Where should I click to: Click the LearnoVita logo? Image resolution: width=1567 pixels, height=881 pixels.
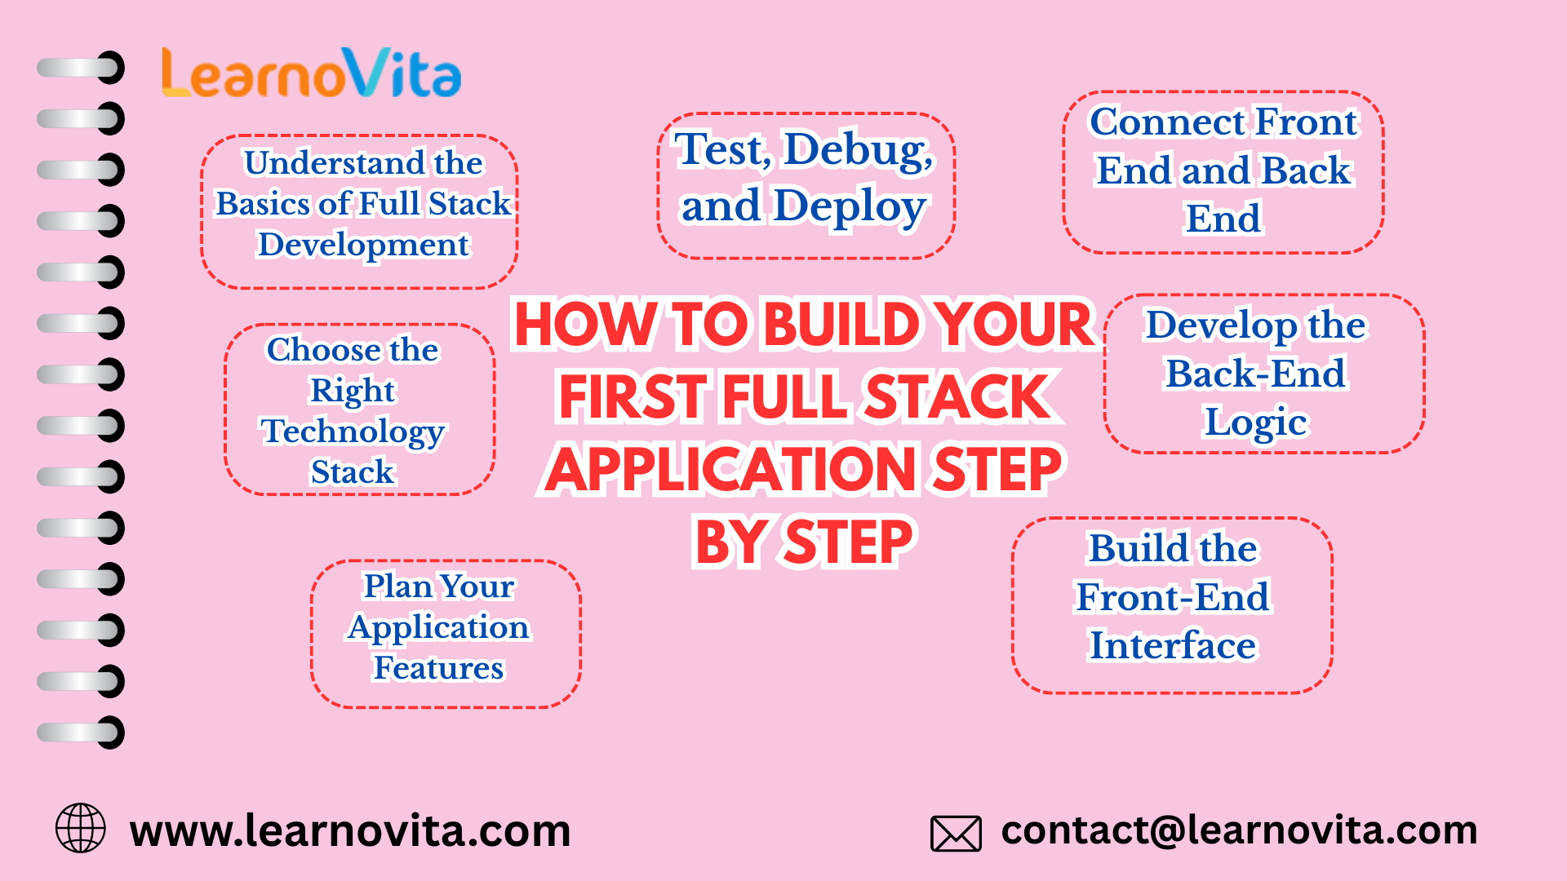(x=312, y=73)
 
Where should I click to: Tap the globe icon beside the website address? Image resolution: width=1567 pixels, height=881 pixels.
(x=80, y=828)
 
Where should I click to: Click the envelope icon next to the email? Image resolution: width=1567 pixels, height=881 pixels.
(x=956, y=833)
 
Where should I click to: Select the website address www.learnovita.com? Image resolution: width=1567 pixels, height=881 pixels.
(x=350, y=831)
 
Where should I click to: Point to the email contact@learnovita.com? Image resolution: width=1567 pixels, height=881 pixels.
(x=1239, y=830)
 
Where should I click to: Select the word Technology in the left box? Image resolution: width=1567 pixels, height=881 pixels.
(x=353, y=432)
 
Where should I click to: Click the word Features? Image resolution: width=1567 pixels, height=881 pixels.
(x=438, y=668)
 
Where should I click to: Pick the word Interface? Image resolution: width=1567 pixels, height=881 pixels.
(x=1173, y=645)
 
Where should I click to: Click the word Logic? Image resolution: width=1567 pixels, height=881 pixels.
(x=1256, y=423)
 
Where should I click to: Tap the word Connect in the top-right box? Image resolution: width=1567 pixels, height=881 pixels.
(x=1167, y=122)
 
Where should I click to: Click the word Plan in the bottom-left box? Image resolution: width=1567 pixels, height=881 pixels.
(x=397, y=587)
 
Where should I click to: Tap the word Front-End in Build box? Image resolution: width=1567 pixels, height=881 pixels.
(x=1173, y=597)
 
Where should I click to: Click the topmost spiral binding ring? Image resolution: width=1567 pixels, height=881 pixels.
(x=82, y=68)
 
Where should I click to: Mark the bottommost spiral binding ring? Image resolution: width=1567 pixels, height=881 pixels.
(x=82, y=733)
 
